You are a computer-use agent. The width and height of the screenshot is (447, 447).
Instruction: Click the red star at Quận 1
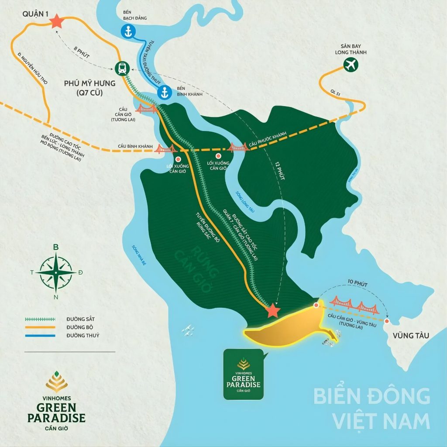[56, 21]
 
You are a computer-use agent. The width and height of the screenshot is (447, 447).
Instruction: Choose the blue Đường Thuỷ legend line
[40, 335]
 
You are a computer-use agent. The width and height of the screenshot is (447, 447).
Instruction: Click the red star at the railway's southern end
[273, 310]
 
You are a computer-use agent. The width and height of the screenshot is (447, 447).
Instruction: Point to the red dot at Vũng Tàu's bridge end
[387, 321]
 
